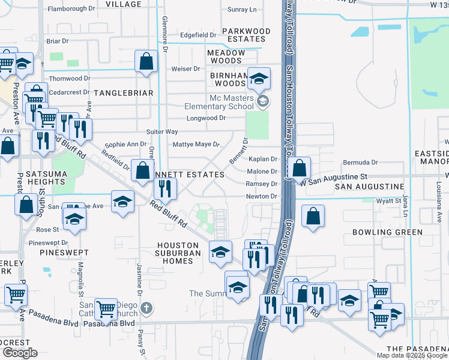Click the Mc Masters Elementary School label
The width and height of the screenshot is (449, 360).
coord(232,102)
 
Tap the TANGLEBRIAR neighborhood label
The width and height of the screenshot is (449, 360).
coord(124,93)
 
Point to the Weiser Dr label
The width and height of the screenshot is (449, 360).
coord(185,69)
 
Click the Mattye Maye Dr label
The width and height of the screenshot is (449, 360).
coord(196,145)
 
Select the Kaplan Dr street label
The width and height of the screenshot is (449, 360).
coord(263,159)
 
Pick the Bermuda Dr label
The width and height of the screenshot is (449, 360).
coord(360,163)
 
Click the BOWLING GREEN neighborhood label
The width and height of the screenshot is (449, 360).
coord(387,232)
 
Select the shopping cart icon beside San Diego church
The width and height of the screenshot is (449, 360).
coord(106,309)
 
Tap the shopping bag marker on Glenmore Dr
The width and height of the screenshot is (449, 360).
coord(146,61)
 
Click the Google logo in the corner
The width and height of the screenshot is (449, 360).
coord(20,352)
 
